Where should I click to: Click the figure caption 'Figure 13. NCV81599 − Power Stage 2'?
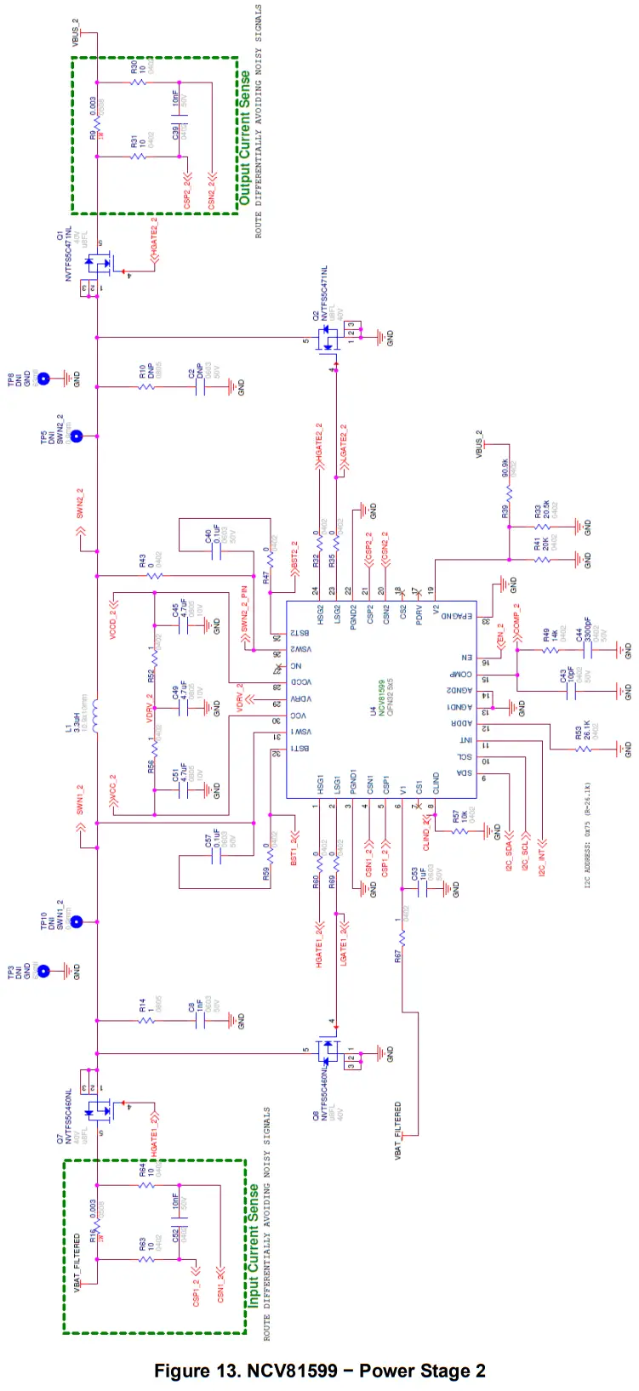(319, 1371)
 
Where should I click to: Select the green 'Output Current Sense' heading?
(245, 137)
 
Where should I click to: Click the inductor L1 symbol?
(96, 716)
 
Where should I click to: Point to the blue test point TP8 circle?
(43, 379)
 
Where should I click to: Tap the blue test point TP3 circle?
(43, 971)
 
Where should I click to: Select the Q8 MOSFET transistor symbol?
(328, 1051)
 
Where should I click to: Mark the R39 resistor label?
(505, 511)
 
